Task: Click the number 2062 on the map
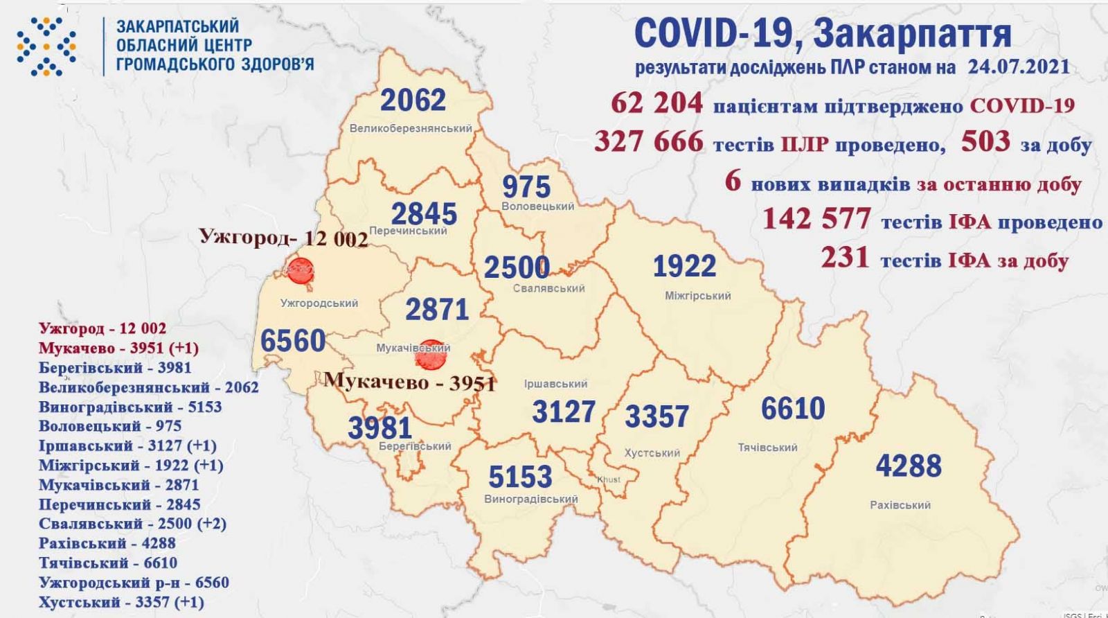(413, 100)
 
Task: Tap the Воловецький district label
(538, 206)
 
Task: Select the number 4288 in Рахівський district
(909, 466)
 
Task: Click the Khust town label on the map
(609, 479)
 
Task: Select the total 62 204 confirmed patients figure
(656, 104)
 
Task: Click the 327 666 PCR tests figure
(649, 141)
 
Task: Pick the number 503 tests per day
(985, 141)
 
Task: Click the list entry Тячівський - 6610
(108, 563)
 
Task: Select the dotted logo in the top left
(46, 46)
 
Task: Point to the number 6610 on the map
(793, 409)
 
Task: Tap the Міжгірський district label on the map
(697, 296)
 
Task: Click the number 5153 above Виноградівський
(520, 477)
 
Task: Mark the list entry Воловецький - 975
(110, 426)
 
